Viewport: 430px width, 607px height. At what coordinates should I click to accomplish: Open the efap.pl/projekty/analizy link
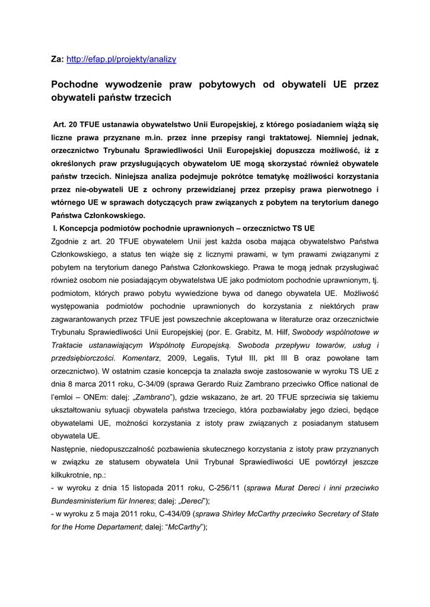[x=121, y=59]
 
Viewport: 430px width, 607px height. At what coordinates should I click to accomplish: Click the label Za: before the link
[x=58, y=59]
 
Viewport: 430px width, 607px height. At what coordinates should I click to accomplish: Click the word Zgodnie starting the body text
[x=67, y=241]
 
